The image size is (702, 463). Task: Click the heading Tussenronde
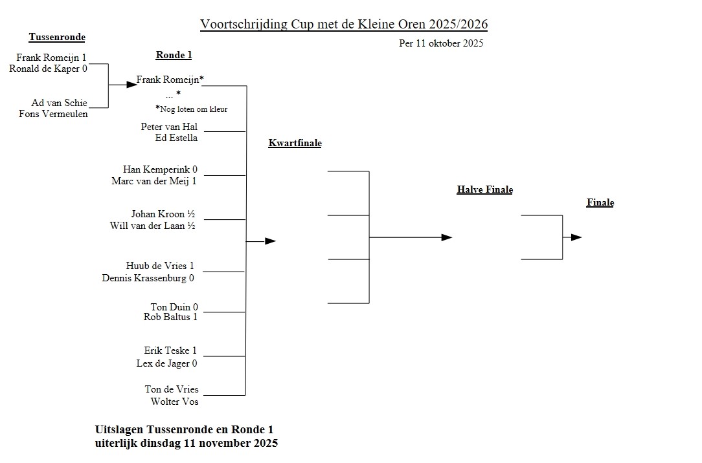click(57, 38)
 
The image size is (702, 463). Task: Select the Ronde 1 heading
click(174, 56)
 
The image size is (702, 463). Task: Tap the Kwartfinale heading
click(295, 144)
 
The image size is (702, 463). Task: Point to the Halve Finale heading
click(484, 190)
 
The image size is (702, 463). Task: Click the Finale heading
click(600, 203)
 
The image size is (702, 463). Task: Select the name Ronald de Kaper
click(45, 69)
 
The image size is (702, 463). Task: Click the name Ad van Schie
click(59, 103)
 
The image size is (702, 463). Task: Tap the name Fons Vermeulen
click(53, 114)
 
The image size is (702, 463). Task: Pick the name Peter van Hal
click(169, 127)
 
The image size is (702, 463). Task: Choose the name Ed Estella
click(176, 138)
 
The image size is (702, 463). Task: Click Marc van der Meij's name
click(150, 181)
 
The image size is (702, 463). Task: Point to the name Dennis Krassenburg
click(144, 278)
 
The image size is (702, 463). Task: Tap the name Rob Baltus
click(166, 317)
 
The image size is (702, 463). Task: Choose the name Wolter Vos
click(174, 402)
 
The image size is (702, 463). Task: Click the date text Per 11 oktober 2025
click(441, 44)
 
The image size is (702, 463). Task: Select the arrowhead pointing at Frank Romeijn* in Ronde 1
click(131, 85)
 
